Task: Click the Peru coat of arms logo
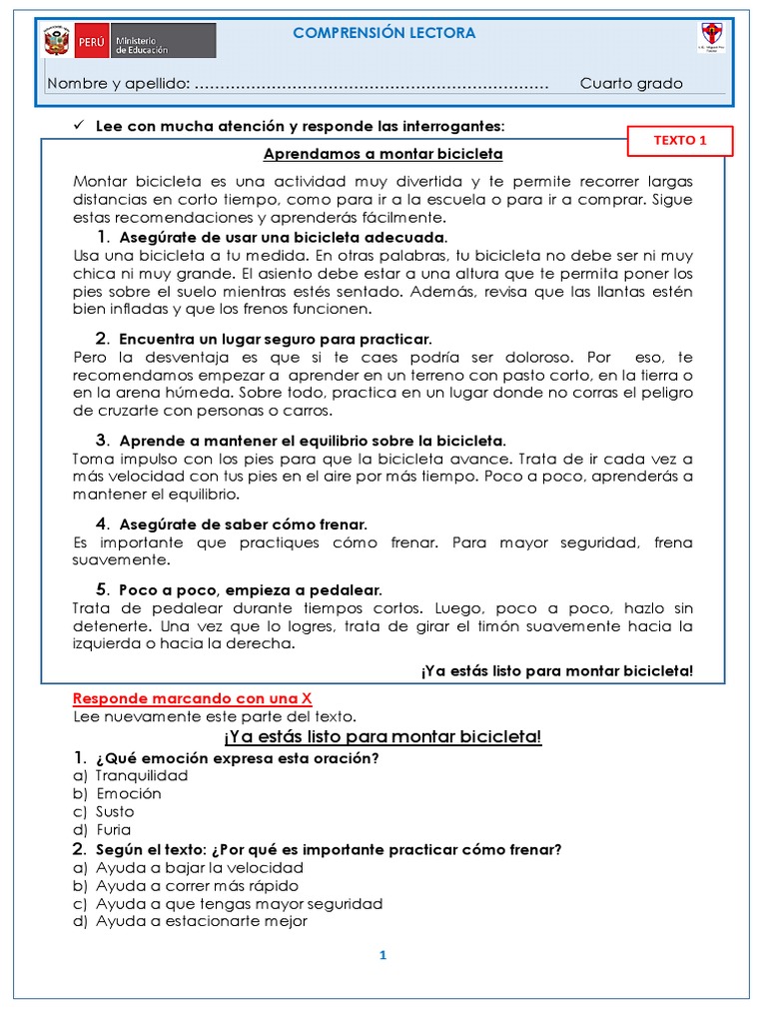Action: (56, 41)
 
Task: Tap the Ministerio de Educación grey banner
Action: (163, 41)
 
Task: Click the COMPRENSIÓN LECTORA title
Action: (383, 33)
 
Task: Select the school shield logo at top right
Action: (711, 37)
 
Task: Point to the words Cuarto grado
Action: (631, 83)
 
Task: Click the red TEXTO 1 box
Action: (680, 141)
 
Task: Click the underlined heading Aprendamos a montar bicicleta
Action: (383, 154)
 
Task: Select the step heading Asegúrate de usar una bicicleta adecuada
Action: (283, 238)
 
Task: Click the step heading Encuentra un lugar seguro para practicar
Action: (275, 339)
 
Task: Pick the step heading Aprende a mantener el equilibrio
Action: (312, 441)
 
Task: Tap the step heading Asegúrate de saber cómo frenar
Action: (243, 524)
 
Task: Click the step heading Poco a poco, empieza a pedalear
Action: (250, 589)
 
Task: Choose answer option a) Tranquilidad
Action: (131, 775)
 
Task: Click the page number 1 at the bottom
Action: (383, 955)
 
